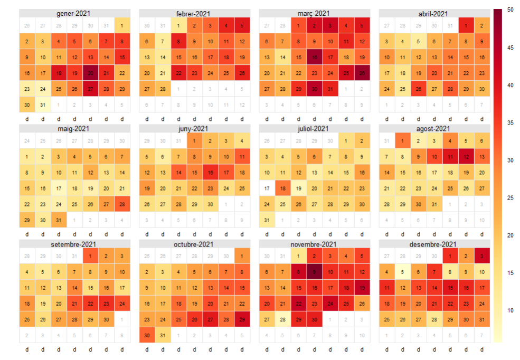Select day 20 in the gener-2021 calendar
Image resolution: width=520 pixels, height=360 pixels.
pos(90,73)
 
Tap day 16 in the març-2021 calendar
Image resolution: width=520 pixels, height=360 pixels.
pos(315,57)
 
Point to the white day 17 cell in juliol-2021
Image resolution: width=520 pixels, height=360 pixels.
pos(267,187)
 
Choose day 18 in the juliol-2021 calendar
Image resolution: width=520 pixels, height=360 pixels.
pos(283,187)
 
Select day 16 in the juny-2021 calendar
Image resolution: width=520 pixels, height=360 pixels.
pos(211,172)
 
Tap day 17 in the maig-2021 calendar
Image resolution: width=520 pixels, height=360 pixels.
pos(59,187)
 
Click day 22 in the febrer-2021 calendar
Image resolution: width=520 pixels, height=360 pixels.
pos(179,73)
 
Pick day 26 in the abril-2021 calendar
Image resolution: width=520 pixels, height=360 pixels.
pos(419,89)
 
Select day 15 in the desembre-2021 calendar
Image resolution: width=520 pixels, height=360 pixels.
pos(450,288)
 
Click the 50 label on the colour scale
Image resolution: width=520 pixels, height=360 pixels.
pos(510,10)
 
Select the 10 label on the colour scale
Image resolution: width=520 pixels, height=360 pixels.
pos(510,310)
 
